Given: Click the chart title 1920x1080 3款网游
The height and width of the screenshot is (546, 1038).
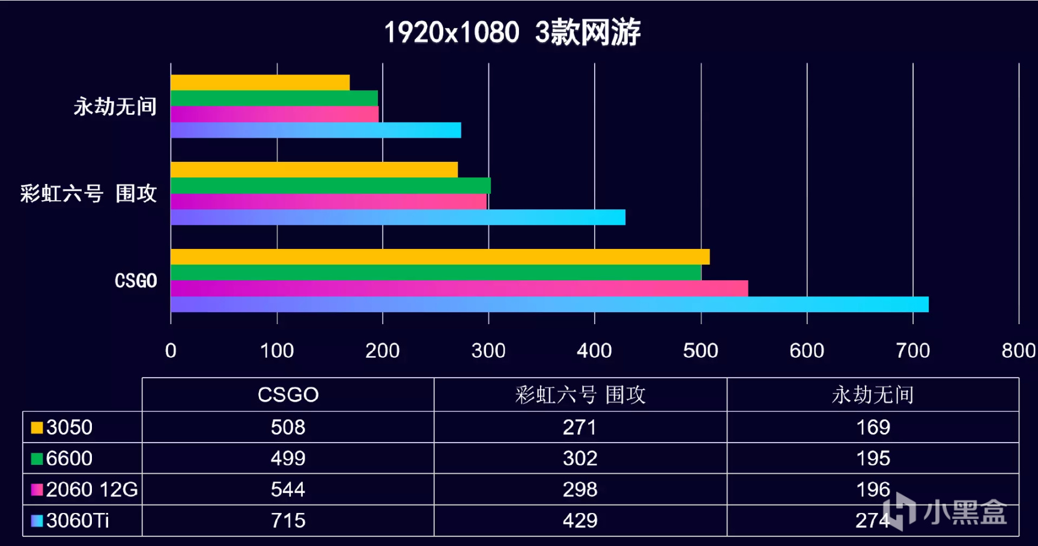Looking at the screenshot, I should [x=512, y=32].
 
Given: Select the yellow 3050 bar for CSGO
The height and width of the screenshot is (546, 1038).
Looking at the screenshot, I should [x=440, y=257].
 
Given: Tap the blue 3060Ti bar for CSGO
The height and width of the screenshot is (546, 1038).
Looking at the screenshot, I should [x=549, y=304].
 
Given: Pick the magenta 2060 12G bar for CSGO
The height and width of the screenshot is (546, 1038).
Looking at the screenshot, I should [x=459, y=289].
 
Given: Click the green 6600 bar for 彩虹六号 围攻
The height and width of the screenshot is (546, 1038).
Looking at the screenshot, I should [x=330, y=185].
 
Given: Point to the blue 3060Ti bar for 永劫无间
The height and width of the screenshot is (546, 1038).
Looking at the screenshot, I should [x=315, y=130].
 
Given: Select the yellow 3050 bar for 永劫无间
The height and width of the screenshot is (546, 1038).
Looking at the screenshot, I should [x=259, y=82].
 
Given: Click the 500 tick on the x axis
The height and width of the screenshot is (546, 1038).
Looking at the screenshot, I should [x=700, y=351].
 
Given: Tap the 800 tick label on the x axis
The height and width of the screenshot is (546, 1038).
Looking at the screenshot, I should [x=1018, y=351].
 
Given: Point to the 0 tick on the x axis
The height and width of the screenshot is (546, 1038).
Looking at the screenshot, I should [x=171, y=351].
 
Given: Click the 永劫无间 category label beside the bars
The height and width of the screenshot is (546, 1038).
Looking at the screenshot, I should [x=115, y=107].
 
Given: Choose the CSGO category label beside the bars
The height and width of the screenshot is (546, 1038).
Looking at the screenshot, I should [x=136, y=281].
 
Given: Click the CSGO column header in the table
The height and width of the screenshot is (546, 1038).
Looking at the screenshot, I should [x=288, y=394].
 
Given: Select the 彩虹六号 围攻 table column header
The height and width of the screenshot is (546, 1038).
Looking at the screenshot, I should [x=580, y=395].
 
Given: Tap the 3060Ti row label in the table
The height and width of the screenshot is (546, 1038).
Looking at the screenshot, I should [x=77, y=520].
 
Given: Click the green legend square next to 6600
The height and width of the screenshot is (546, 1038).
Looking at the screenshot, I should [x=37, y=459].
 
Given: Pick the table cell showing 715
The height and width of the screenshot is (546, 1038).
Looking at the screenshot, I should [x=288, y=520].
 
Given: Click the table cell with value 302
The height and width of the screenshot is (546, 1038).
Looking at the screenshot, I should [x=580, y=458].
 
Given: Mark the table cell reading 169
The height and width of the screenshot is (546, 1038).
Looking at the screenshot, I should [x=872, y=427].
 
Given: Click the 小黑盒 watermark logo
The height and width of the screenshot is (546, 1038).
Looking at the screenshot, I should [x=945, y=512].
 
